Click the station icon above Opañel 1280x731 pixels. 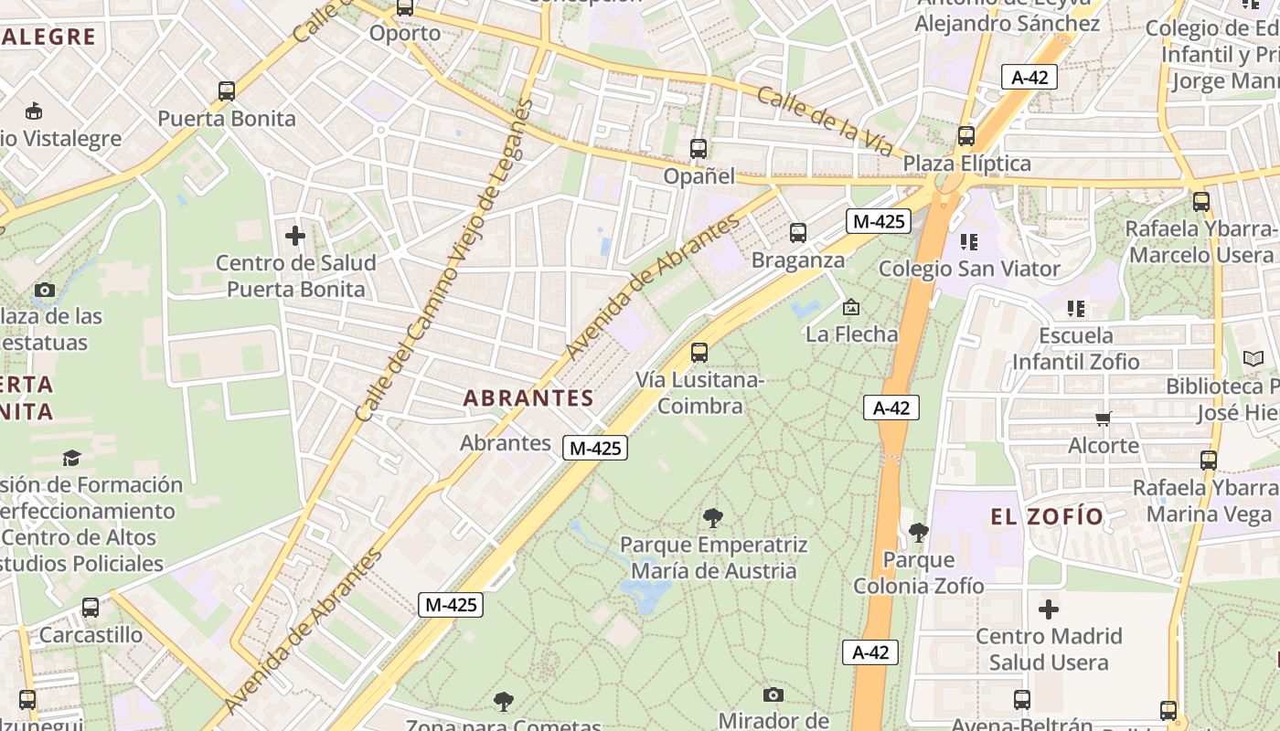coord(699,148)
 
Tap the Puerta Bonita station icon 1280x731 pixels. coord(227,91)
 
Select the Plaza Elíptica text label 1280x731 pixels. coord(966,164)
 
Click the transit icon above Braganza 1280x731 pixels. coord(798,233)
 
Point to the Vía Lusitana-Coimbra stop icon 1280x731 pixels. coord(699,352)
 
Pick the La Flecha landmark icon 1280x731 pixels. coord(851,307)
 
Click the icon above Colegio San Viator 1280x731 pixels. coord(969,242)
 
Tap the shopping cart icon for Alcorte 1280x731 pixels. coord(1104,419)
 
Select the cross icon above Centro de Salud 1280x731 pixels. coord(295,236)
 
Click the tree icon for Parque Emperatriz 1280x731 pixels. coord(713,518)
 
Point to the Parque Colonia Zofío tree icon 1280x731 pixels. coord(919,532)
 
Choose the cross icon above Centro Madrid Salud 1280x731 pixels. coord(1049,609)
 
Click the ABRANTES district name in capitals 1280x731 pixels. coord(528,398)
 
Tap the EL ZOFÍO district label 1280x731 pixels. coord(1047,517)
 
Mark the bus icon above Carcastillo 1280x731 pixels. coord(91,608)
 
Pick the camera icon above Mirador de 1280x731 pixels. coord(773,694)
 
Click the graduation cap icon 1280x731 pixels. coord(71,458)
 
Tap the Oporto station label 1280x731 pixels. coord(405,34)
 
